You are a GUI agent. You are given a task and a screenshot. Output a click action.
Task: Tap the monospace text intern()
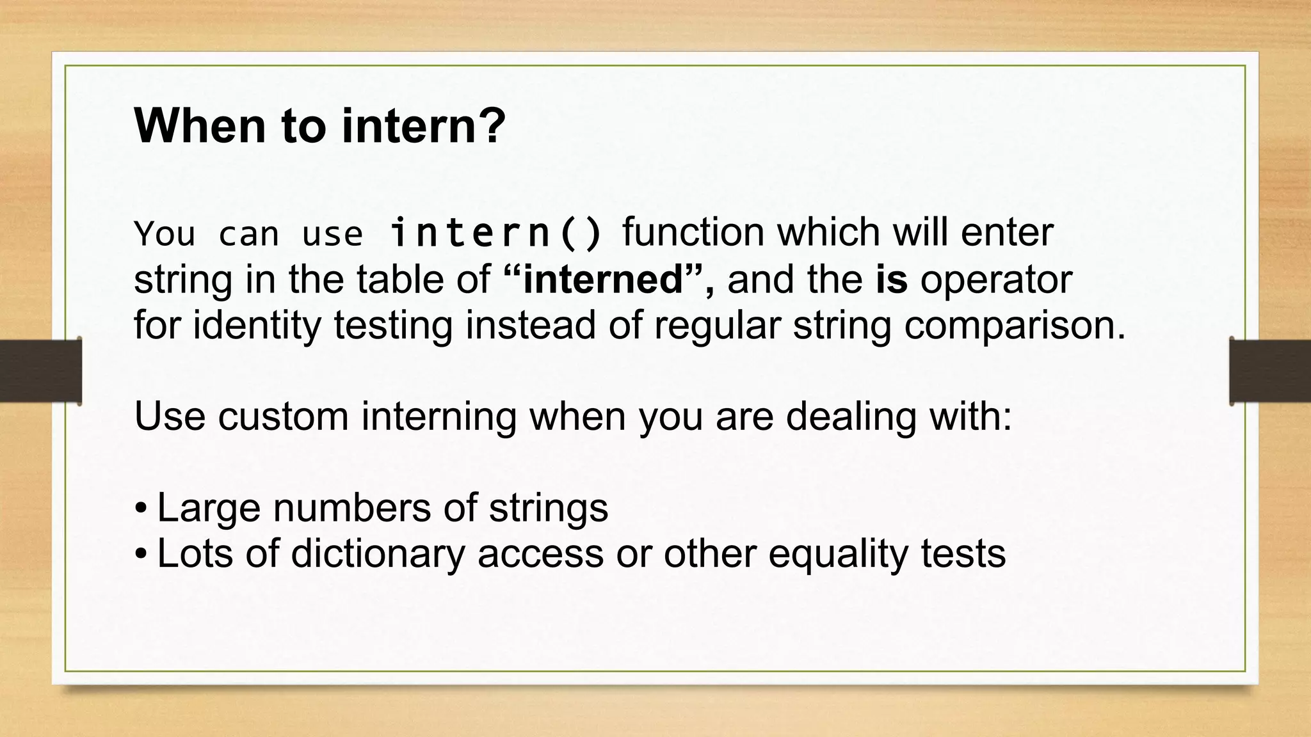[496, 233]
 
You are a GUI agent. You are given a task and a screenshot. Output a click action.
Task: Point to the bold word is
[891, 280]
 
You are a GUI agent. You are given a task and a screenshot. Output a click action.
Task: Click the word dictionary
[378, 554]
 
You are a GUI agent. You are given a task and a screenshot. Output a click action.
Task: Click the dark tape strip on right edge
[1270, 371]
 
